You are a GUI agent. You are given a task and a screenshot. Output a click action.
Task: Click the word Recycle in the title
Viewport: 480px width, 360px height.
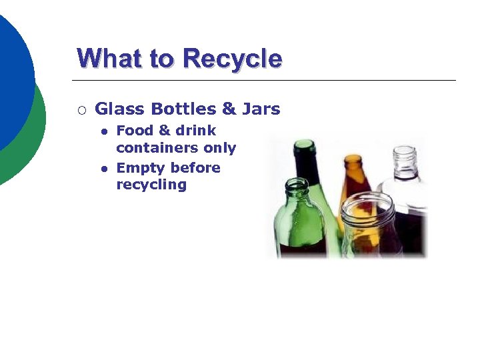[x=232, y=59]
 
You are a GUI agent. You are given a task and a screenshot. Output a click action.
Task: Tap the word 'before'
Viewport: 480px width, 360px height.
[x=195, y=168]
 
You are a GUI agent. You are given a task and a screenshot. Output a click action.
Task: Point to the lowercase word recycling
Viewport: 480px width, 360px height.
[x=151, y=185]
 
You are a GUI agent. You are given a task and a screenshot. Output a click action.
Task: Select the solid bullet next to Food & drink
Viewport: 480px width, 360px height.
[x=104, y=132]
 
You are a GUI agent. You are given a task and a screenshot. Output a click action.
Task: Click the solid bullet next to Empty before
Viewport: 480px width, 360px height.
[x=104, y=169]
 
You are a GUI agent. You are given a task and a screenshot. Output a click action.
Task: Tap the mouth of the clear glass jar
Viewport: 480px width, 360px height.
[x=367, y=202]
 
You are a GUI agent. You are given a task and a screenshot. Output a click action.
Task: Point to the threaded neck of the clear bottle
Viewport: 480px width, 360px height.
[x=404, y=160]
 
